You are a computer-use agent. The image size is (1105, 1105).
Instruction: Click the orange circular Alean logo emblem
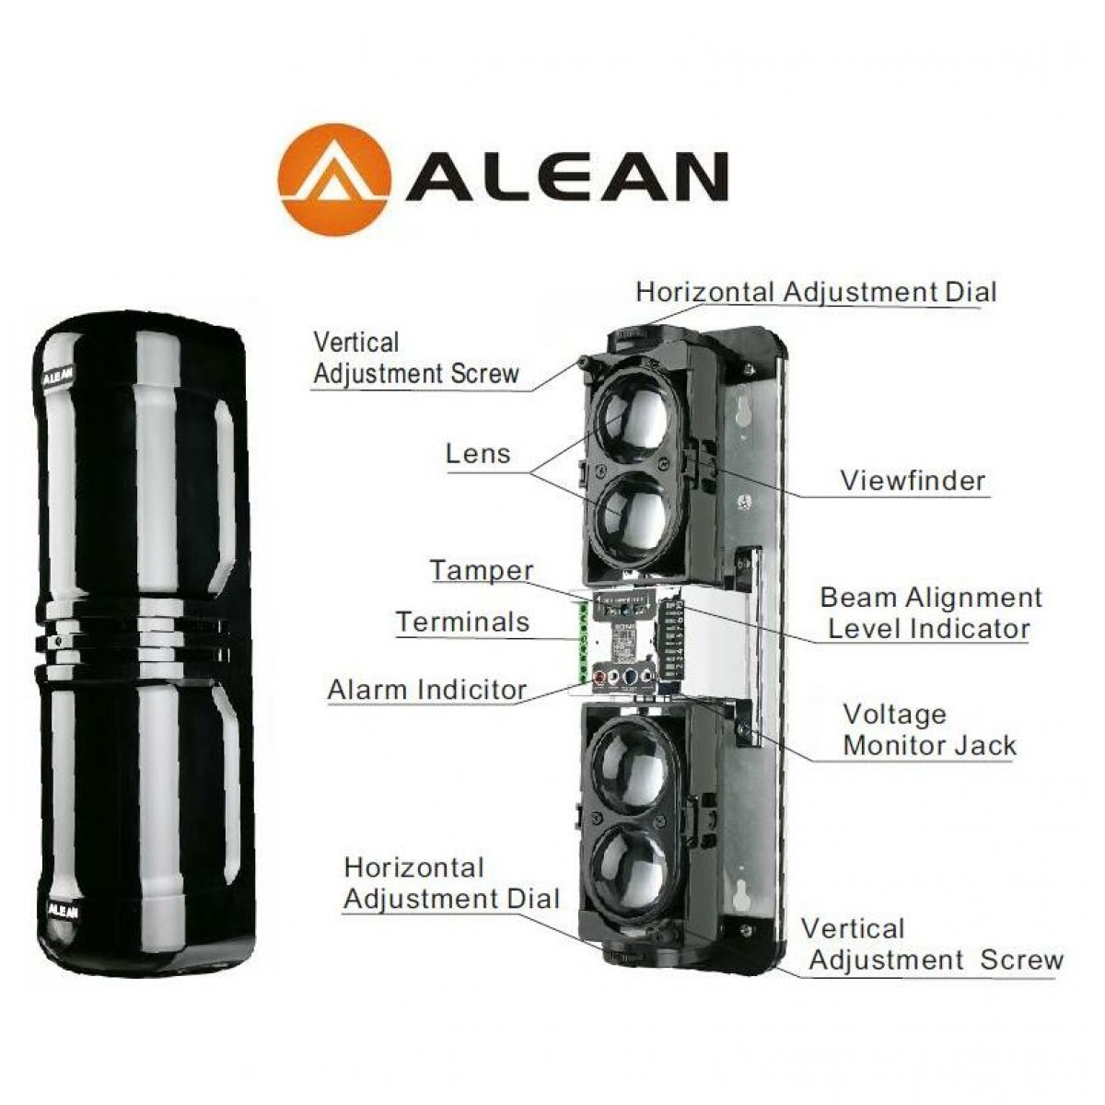[333, 179]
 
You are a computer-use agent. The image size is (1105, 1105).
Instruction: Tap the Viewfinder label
[913, 480]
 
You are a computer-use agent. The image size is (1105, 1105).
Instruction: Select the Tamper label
[482, 571]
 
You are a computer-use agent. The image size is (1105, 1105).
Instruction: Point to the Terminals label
[463, 622]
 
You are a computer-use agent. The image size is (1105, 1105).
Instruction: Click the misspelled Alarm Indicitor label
[427, 690]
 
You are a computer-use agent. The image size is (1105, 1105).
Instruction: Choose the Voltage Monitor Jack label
[929, 729]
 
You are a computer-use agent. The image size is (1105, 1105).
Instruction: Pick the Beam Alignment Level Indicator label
[931, 613]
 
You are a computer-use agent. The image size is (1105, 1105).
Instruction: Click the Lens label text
[478, 454]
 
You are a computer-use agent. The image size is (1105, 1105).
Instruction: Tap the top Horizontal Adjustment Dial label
[816, 292]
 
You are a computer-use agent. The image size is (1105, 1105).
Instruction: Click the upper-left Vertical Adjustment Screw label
[416, 358]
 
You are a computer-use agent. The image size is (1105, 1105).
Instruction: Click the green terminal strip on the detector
[585, 641]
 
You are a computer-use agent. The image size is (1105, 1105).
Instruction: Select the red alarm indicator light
[599, 678]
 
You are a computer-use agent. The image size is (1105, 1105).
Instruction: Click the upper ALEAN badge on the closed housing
[58, 372]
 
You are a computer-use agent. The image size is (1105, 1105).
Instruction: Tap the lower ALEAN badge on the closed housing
[62, 910]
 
